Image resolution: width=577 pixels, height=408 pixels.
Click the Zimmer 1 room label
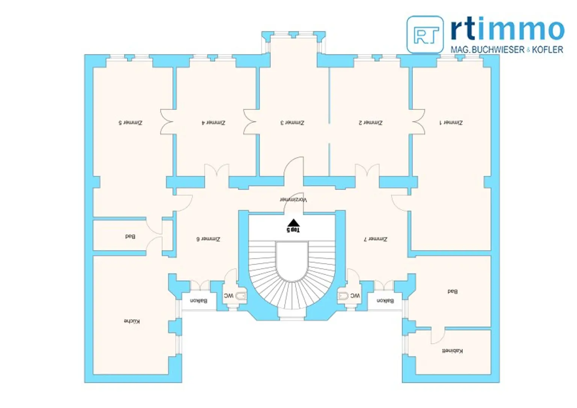pos(451,123)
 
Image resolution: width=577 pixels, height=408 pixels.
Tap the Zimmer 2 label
pos(370,123)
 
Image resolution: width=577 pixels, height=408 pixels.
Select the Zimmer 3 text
pos(292,123)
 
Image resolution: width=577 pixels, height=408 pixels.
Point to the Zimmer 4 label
pos(213,123)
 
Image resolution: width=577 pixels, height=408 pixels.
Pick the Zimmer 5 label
pos(130,123)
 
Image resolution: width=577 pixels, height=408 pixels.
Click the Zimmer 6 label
pos(208,239)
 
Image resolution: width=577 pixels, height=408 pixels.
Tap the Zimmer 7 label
pos(375,239)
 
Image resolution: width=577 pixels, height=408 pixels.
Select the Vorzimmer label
pos(293,199)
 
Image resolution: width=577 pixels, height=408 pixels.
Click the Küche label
pos(132,321)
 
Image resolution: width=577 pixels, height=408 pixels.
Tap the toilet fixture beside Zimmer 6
pos(241,296)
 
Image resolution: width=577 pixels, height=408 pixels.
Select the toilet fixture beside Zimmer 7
pos(343,296)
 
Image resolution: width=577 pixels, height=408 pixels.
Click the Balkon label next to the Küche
pos(198,301)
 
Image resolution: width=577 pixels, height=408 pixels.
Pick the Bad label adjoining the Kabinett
pos(452,291)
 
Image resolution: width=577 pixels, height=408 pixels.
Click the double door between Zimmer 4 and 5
pos(167,122)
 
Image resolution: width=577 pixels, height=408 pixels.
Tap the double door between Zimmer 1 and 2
pos(418,122)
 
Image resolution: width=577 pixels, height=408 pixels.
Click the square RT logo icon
pos(425,35)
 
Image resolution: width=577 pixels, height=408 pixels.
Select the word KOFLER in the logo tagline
pos(547,50)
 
